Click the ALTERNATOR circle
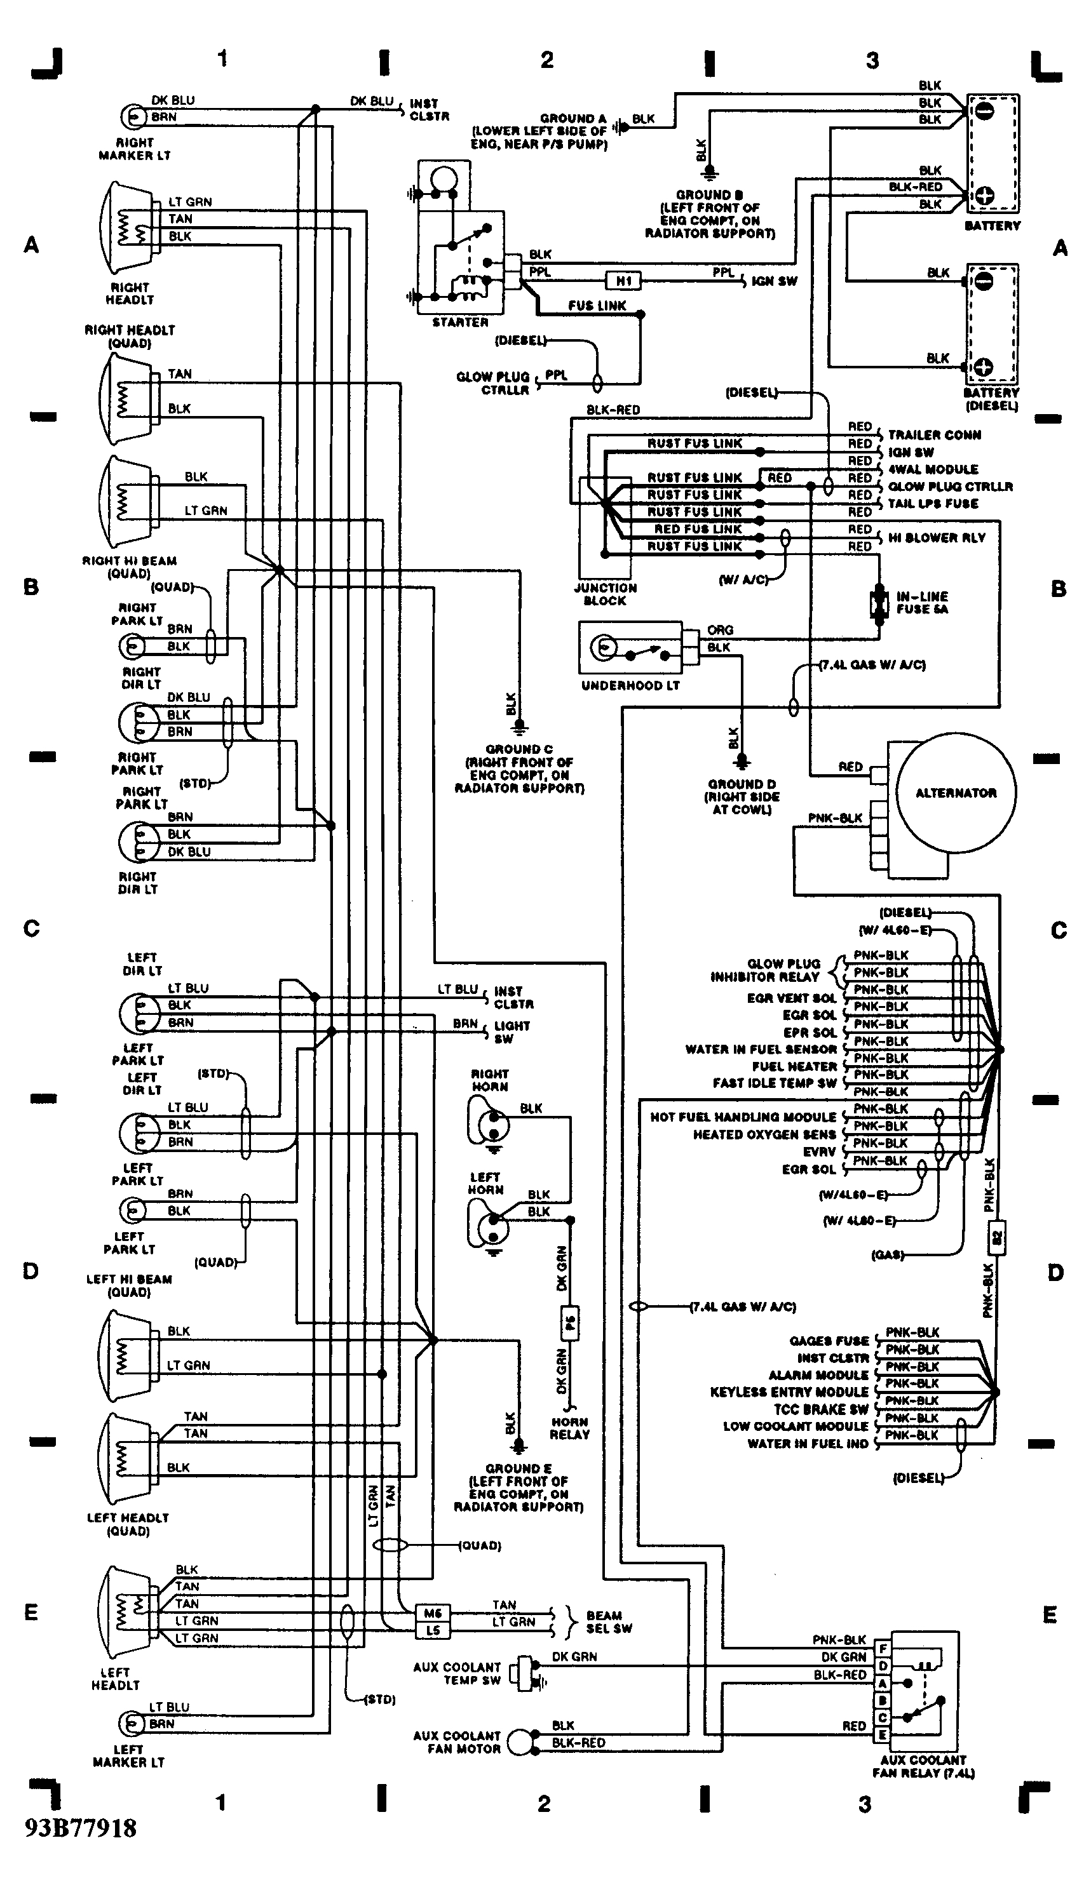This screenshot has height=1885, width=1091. (956, 793)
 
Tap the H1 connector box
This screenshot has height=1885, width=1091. (623, 281)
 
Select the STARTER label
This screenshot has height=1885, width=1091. (459, 323)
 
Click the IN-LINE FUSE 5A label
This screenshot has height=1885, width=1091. (922, 603)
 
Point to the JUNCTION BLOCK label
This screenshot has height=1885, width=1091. (605, 594)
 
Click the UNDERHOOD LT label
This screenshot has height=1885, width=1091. (630, 686)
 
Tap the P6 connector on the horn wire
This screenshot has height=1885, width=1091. (569, 1323)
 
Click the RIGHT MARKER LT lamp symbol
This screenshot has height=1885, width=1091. (133, 117)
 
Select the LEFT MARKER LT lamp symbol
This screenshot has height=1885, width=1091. (132, 1724)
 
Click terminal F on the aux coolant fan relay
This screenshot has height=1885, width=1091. (882, 1648)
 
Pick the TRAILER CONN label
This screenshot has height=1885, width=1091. (934, 435)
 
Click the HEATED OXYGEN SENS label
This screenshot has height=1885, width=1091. (764, 1135)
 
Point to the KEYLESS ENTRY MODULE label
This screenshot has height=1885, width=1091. (789, 1392)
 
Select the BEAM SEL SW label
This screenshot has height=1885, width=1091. (608, 1621)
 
